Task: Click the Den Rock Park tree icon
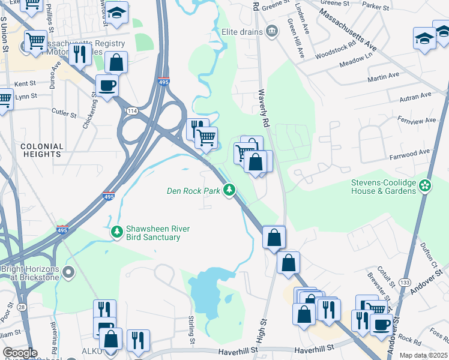tap(229, 191)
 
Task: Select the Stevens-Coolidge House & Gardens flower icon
tap(426, 185)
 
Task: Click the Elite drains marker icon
tap(272, 30)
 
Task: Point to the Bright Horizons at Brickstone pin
tap(68, 274)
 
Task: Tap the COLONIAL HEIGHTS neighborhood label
tap(41, 150)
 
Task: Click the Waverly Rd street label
tap(262, 108)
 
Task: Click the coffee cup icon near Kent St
tap(107, 86)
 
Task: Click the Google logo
tap(20, 353)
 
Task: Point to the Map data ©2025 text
tap(424, 355)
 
